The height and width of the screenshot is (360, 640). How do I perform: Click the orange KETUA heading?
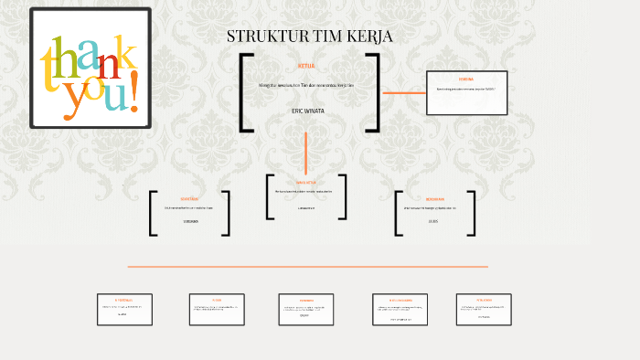[306, 66]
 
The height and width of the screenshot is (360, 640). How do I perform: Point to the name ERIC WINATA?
[307, 110]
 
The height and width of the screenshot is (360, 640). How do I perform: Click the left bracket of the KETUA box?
[244, 92]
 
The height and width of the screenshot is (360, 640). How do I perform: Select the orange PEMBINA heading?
[466, 79]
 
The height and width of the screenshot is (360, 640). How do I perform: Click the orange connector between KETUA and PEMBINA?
[403, 92]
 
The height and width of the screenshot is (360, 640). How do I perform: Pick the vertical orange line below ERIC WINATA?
[306, 150]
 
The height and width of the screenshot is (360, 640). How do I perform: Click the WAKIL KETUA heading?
[306, 182]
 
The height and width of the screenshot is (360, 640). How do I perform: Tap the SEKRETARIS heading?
[190, 198]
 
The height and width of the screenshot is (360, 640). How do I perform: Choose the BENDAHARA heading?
[434, 199]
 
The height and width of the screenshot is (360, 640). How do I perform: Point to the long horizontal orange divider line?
[307, 267]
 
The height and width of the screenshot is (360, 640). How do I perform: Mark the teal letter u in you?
[116, 95]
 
